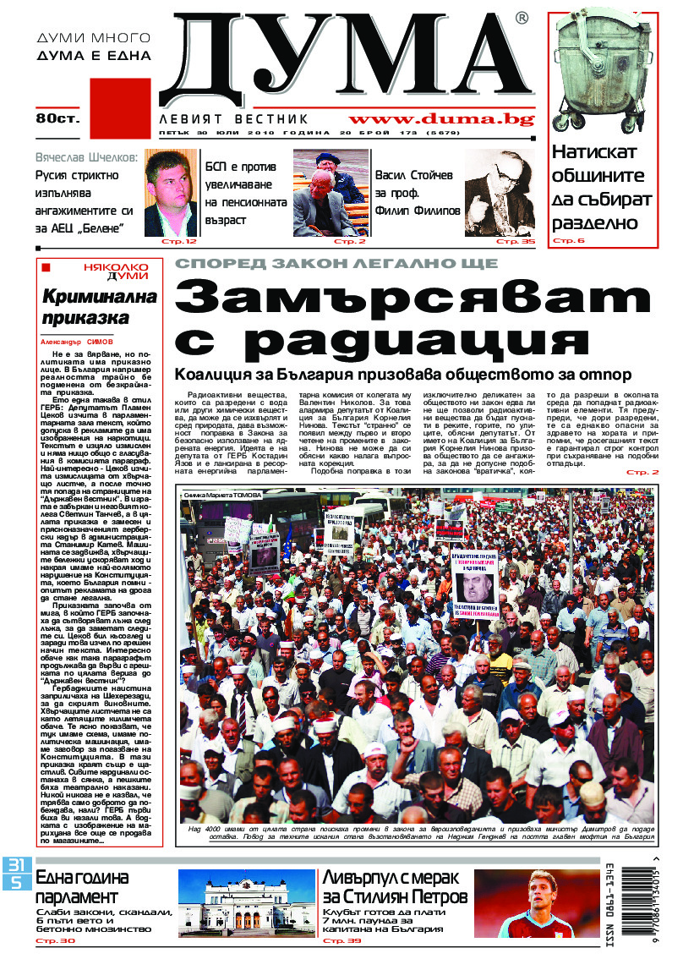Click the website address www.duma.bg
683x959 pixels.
pos(441,119)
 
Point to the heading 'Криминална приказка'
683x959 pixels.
pos(101,310)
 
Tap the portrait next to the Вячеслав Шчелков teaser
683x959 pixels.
pos(171,194)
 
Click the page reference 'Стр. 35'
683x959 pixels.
pos(516,242)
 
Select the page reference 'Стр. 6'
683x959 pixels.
pos(568,242)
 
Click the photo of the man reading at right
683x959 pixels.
pos(500,193)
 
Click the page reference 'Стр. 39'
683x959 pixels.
pos(341,940)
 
